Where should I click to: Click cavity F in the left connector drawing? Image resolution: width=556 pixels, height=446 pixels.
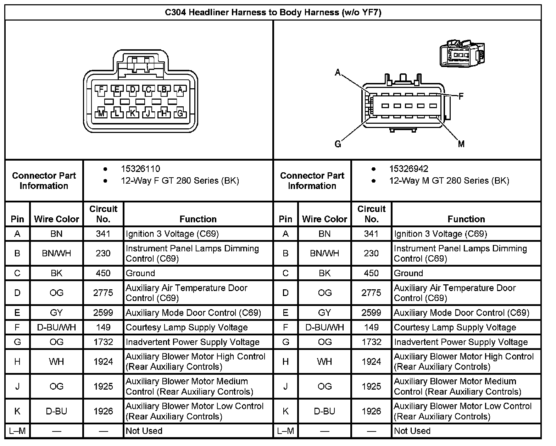(101, 90)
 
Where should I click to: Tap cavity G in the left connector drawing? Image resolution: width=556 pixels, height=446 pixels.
(180, 113)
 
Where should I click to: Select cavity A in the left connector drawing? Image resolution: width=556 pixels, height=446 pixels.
(180, 90)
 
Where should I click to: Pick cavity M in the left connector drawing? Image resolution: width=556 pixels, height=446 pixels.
(101, 113)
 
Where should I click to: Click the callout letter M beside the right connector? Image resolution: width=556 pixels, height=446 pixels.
(461, 144)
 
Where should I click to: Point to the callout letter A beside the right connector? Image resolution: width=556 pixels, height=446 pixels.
(338, 73)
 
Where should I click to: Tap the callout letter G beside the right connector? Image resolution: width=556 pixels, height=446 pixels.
(338, 144)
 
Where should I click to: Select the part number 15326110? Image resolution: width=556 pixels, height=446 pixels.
(140, 169)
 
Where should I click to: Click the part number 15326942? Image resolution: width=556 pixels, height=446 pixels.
(408, 169)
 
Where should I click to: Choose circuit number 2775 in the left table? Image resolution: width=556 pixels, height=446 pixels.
(103, 293)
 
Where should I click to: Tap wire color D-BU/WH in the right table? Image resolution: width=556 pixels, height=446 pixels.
(324, 327)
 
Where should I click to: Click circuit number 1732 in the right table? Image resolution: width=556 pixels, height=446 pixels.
(371, 342)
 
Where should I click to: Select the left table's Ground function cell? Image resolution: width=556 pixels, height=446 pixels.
(140, 273)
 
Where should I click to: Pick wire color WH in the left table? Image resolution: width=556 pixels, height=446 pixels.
(56, 362)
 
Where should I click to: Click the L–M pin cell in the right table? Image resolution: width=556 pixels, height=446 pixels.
(285, 431)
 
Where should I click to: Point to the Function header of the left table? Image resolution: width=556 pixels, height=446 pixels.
(198, 219)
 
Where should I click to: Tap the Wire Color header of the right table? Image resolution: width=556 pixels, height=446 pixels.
(324, 219)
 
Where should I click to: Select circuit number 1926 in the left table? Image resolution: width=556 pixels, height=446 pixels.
(103, 411)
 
